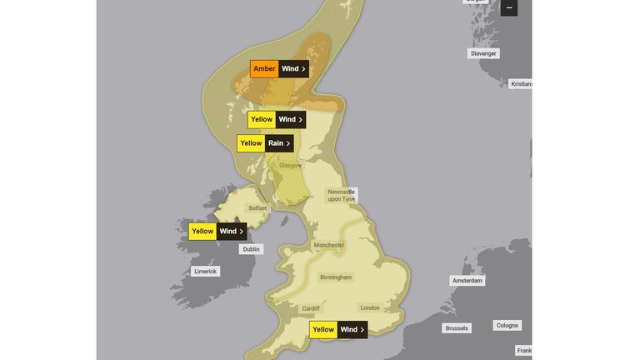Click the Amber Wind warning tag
click(279, 68)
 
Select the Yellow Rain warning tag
click(266, 143)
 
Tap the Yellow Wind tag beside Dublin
click(217, 231)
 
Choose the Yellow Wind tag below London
click(338, 329)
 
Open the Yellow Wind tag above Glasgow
click(277, 119)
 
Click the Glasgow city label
click(290, 165)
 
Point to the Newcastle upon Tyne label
click(341, 195)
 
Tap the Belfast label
click(258, 208)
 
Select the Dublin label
click(250, 249)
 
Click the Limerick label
click(205, 271)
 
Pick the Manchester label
click(329, 245)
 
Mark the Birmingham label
click(336, 277)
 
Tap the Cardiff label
click(311, 308)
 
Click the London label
click(370, 307)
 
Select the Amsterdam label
click(467, 281)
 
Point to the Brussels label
click(457, 328)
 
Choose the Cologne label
click(507, 325)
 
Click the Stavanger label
click(483, 53)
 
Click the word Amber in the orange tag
click(264, 68)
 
